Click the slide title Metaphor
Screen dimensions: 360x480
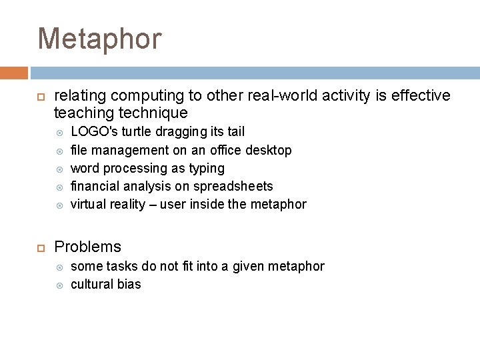tap(100, 39)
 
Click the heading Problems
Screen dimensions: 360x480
tap(87, 247)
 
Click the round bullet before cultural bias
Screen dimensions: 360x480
tap(59, 285)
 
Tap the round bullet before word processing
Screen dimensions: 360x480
tap(59, 169)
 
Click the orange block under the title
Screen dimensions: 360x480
tap(13, 73)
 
